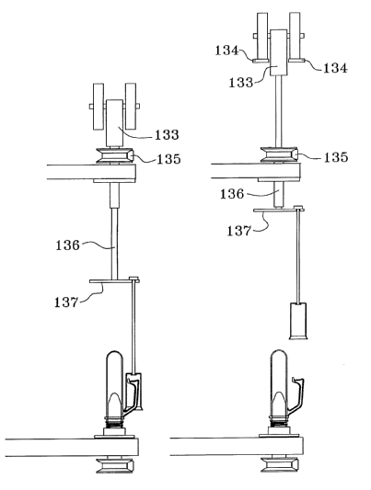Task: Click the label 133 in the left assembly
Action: pos(167,135)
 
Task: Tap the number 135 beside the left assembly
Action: pos(168,159)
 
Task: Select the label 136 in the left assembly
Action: pos(67,245)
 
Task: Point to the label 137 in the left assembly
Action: pos(66,302)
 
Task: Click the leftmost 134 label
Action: pos(226,51)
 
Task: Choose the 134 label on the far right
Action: pos(335,68)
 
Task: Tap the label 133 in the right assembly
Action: pos(241,83)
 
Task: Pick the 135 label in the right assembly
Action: pos(336,157)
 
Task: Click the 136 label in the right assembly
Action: pos(232,194)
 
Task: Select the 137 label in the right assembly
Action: pos(239,231)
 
